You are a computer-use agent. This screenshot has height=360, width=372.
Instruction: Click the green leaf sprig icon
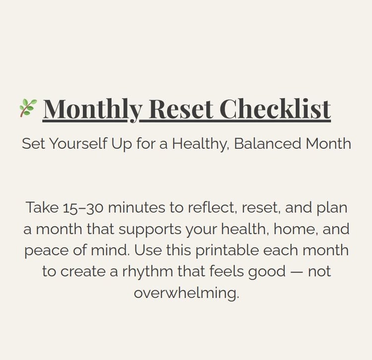coord(28,108)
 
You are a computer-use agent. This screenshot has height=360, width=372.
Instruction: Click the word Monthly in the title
coord(93,110)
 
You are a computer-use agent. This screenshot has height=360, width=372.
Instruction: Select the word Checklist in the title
coord(275,109)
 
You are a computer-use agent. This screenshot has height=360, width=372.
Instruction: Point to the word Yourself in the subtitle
coord(78,143)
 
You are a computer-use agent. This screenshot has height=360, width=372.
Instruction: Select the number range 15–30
coord(83,208)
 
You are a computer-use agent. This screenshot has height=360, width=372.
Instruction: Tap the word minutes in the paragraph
coord(136,207)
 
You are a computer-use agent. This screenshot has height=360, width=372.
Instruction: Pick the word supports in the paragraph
coord(150,230)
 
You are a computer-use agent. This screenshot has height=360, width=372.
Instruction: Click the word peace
coord(46,251)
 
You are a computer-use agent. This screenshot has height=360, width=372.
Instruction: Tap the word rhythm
coord(148,272)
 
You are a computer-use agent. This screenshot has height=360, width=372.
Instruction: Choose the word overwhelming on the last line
coord(186,293)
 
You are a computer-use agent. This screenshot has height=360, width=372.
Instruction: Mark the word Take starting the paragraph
coord(42,207)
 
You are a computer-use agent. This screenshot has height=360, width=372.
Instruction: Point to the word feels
coord(227,272)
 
